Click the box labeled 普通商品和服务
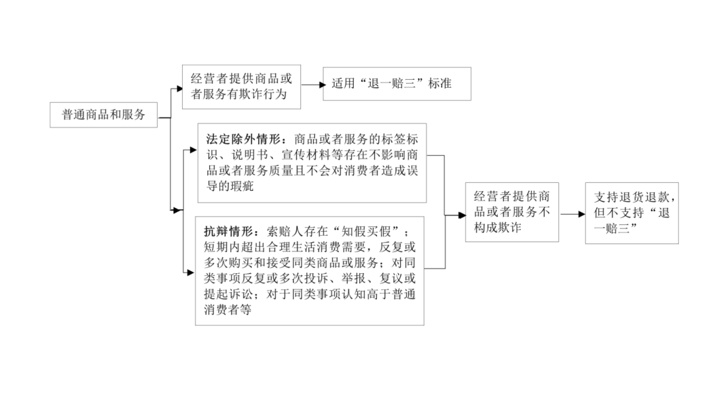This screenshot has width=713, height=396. (x=104, y=115)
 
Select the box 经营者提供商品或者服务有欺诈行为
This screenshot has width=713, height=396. (x=242, y=87)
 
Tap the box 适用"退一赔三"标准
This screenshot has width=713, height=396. (x=397, y=84)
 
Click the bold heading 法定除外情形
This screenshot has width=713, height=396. (x=243, y=139)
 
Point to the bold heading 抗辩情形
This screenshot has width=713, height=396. (x=228, y=232)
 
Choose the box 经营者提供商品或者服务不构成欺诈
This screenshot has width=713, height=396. (x=512, y=212)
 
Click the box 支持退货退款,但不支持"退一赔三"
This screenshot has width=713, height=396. (x=632, y=213)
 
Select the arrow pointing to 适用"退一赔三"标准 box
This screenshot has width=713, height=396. (x=314, y=84)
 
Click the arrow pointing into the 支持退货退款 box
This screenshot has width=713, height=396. (x=572, y=214)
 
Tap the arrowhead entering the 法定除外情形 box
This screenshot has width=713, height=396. (x=193, y=150)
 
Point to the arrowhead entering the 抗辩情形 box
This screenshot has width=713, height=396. (x=191, y=273)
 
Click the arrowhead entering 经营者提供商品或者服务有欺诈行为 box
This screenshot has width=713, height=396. (x=179, y=89)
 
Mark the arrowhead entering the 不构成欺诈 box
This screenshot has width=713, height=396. (x=462, y=215)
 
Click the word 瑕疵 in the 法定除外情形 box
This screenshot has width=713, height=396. (x=242, y=186)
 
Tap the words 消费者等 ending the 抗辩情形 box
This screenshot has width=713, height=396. (x=227, y=310)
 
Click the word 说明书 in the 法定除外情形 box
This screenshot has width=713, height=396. (x=250, y=154)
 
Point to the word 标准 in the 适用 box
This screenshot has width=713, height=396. (x=439, y=84)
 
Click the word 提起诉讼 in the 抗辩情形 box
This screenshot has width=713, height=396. (x=228, y=294)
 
